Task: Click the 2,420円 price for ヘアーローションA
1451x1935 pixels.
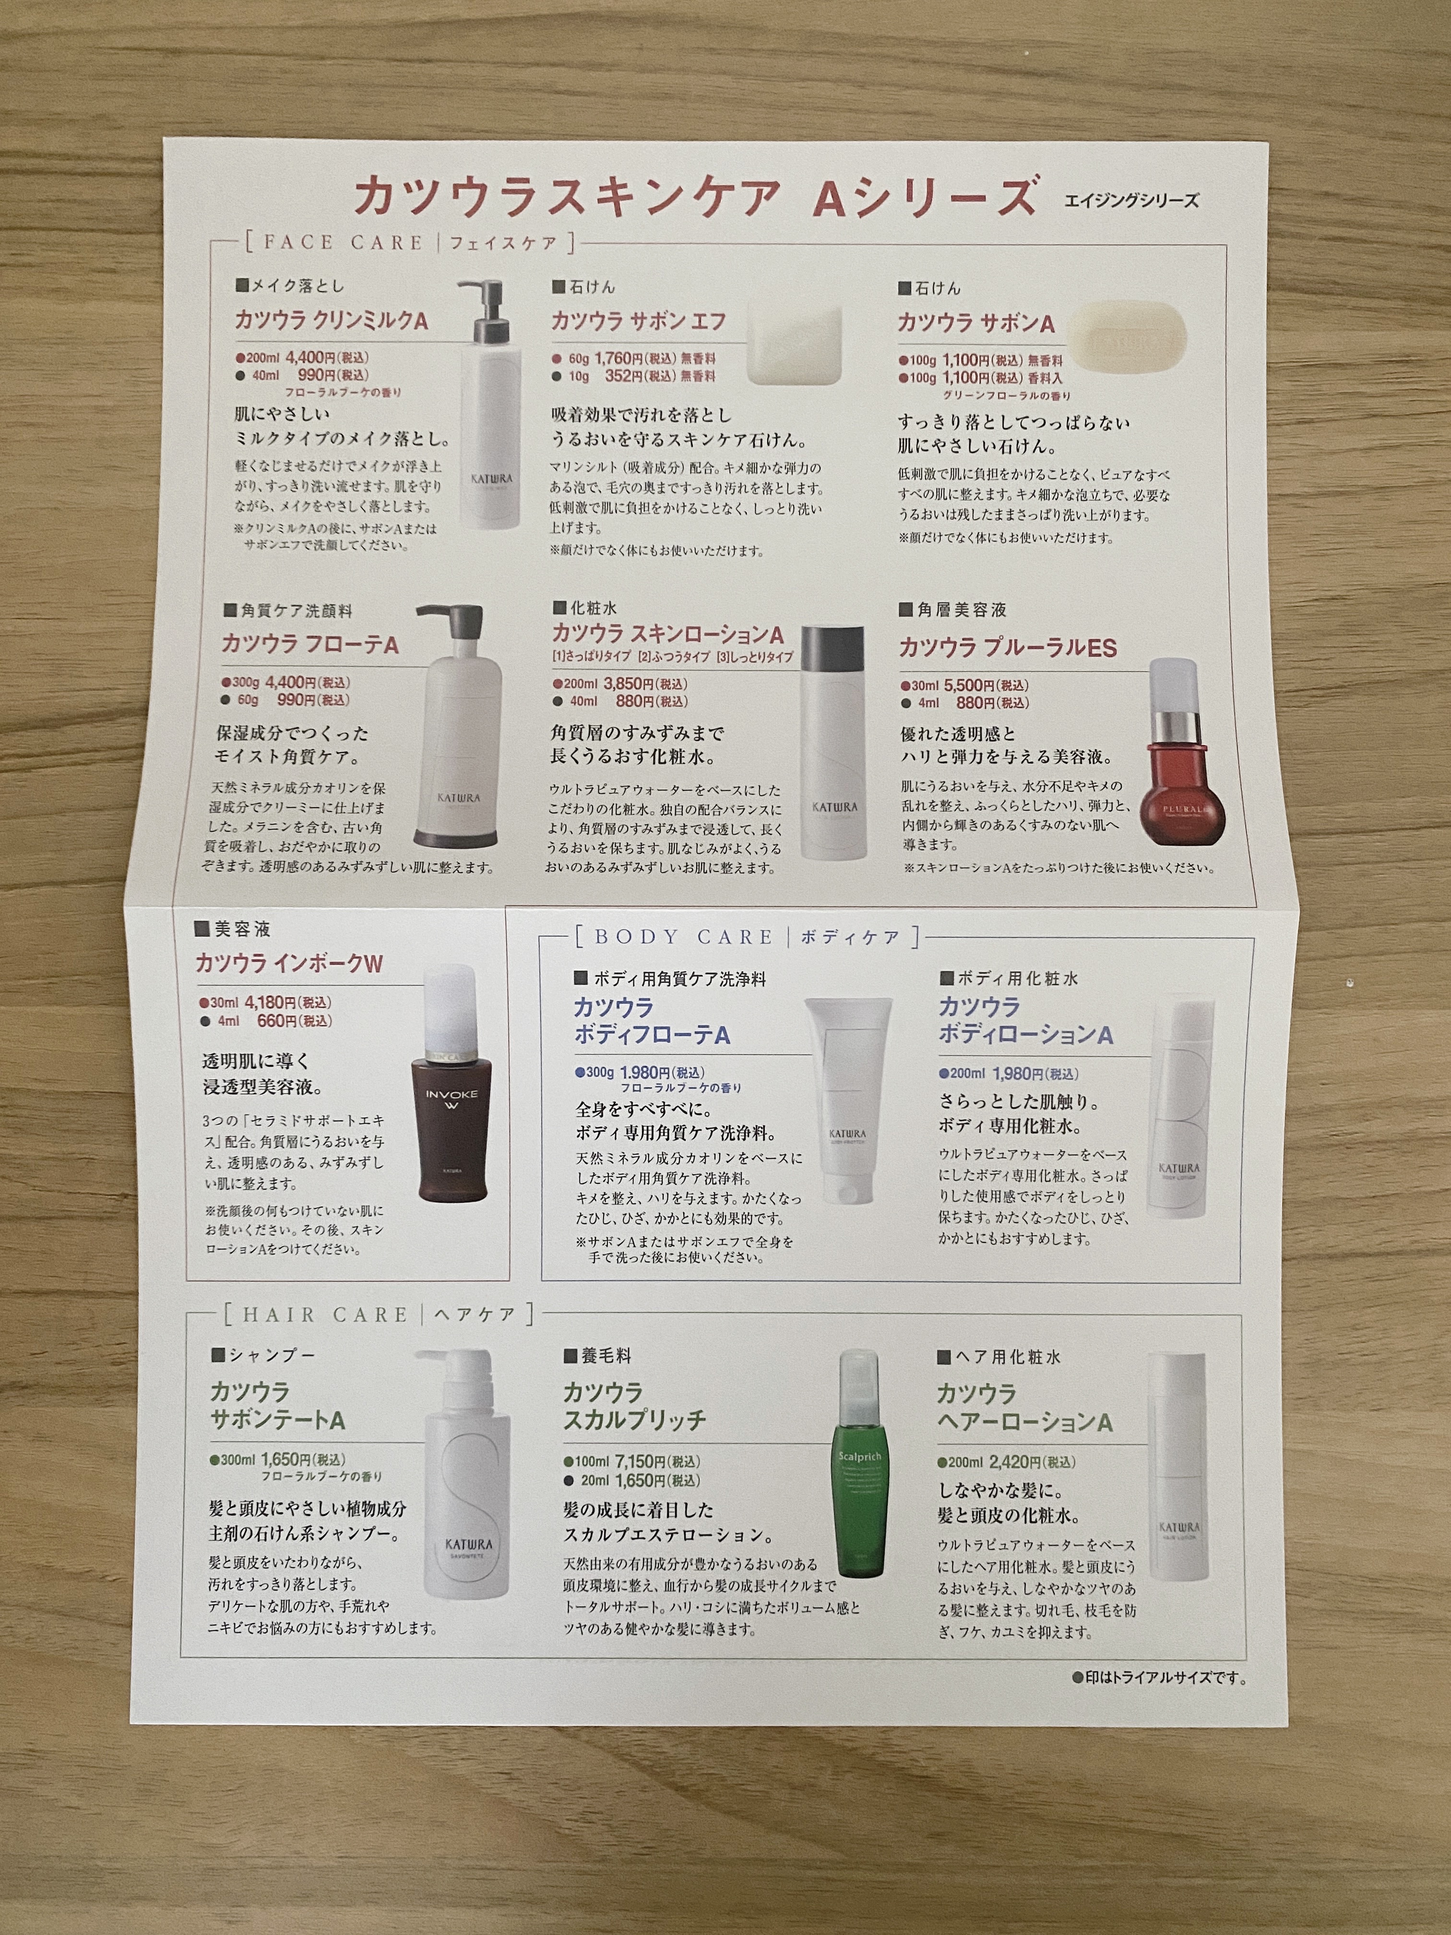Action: (1020, 1462)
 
